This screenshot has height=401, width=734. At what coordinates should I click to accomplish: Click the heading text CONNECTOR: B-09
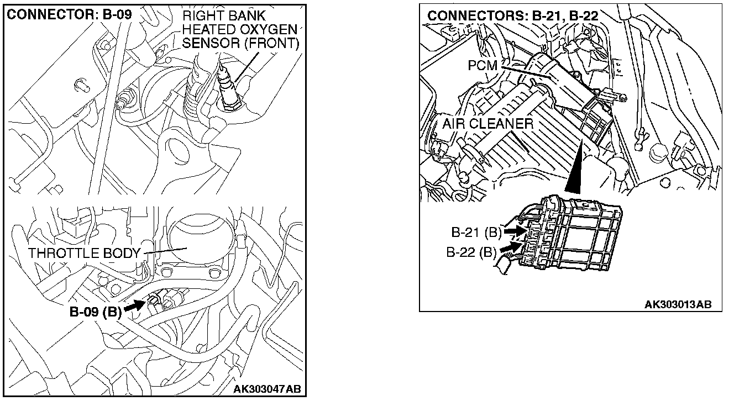(x=70, y=15)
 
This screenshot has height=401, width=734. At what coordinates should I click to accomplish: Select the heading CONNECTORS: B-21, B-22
(x=513, y=15)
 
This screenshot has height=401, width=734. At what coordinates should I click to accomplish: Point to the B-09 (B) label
(x=95, y=312)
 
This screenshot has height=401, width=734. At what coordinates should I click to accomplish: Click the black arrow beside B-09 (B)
(x=134, y=305)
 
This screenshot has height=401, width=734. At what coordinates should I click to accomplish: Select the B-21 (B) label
(x=475, y=233)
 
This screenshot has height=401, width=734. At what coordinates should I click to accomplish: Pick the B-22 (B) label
(x=471, y=252)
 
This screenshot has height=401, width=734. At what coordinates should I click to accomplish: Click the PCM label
(x=483, y=65)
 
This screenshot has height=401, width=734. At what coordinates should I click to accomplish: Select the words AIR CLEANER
(x=487, y=124)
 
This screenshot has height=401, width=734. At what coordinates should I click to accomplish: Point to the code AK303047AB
(x=267, y=389)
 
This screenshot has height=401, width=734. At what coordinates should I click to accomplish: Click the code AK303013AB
(x=678, y=304)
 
